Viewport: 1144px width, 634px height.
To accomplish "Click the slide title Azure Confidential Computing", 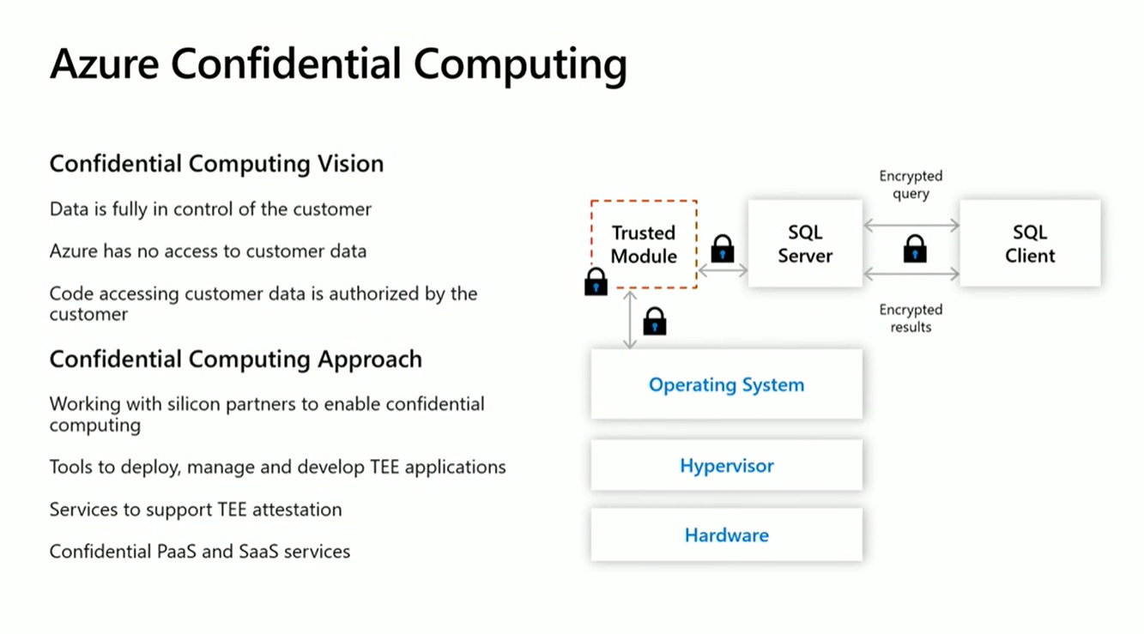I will pos(338,64).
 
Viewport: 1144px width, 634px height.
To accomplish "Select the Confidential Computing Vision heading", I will pos(216,164).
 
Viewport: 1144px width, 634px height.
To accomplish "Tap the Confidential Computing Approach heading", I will pos(235,359).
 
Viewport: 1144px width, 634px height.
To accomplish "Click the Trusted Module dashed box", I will pos(644,244).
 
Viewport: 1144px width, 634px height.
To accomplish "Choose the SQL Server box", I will pos(805,244).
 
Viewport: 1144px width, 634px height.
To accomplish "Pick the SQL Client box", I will pos(1030,244).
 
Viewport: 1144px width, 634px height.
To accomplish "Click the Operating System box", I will pos(726,384).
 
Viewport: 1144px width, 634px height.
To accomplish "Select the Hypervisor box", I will pos(726,466).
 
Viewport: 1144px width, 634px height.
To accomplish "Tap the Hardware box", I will pos(726,535).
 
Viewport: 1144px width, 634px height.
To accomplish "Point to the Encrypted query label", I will pos(911,184).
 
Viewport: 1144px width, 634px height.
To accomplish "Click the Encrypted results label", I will pos(911,318).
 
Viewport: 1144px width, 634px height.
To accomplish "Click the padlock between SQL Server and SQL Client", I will pos(915,250).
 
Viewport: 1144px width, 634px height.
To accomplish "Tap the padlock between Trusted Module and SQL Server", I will pos(723,249).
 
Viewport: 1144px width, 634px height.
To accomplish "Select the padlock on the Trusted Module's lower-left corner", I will pos(596,281).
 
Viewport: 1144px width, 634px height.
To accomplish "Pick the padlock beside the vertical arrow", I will pos(655,322).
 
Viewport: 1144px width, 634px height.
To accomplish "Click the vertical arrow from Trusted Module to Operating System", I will pos(631,319).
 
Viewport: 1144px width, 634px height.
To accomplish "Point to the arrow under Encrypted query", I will pos(911,226).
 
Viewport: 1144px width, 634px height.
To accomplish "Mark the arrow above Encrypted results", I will pos(911,275).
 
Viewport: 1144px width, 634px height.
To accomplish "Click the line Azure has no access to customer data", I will pos(208,251).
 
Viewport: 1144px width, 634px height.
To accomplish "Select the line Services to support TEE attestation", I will pos(196,510).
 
